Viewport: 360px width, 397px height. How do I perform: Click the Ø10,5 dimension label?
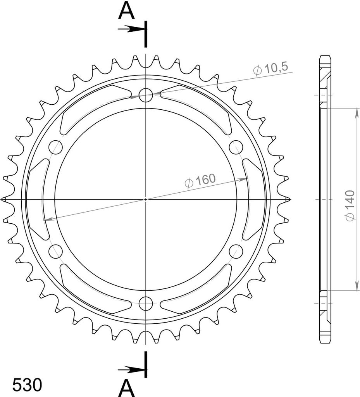[x=270, y=68]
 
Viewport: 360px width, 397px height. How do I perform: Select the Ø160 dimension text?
[x=200, y=181]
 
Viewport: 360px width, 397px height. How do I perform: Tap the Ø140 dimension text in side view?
[x=351, y=205]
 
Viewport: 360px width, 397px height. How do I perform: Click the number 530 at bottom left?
[x=27, y=385]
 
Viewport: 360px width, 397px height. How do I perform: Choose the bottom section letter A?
[x=126, y=388]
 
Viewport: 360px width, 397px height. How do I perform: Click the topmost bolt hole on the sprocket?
[x=146, y=95]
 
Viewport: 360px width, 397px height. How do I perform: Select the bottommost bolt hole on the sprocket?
[x=146, y=303]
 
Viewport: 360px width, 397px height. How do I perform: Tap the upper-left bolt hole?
[x=56, y=147]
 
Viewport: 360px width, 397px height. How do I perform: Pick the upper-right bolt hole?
[x=236, y=147]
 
